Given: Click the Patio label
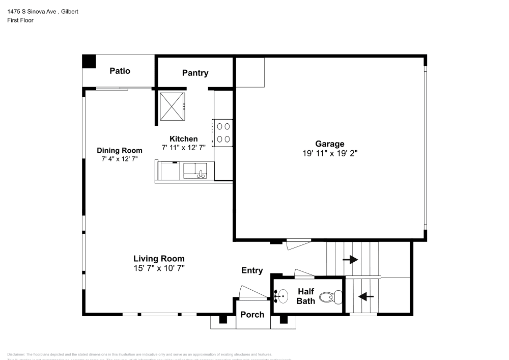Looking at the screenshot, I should coord(120,71).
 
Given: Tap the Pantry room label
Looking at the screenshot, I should coord(195,73).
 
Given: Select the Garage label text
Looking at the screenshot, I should coord(329,144).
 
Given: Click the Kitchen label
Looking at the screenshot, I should coord(183,139).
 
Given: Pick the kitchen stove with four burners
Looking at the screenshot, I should coord(223,132).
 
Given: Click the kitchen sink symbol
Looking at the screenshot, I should coord(195,170).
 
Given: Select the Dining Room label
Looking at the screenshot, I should coord(120,150).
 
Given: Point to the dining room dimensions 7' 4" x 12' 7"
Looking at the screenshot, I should coord(120,159).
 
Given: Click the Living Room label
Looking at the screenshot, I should coord(159,258).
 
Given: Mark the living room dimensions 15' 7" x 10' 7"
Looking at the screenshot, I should coord(159,267).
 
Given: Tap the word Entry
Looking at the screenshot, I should coord(252,270).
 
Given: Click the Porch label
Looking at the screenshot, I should coord(252,314).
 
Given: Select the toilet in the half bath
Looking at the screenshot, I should coord(336,296).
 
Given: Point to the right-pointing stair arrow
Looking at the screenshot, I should coord(350,259).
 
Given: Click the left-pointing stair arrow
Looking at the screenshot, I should coord(366,295).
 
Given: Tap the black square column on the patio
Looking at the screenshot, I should coord(89,61).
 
